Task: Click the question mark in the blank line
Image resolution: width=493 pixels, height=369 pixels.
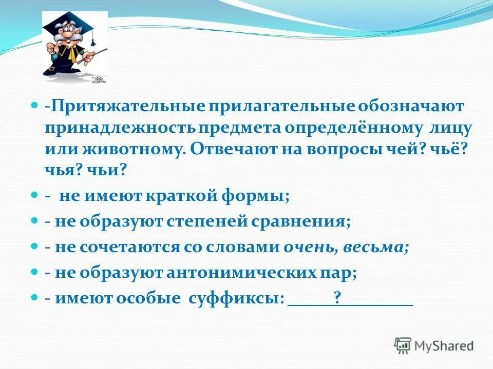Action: pyautogui.click(x=337, y=298)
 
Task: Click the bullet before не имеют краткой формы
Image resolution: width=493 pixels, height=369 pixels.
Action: pyautogui.click(x=35, y=195)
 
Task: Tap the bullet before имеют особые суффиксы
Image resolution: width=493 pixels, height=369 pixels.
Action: pyautogui.click(x=35, y=297)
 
